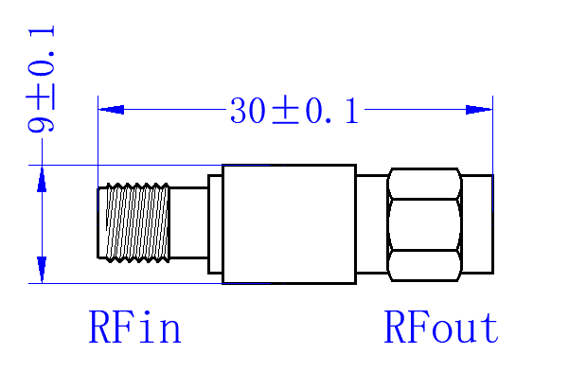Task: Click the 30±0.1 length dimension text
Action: pos(294,111)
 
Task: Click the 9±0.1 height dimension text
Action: pos(41,79)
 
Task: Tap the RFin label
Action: pos(134,327)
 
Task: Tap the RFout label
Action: pos(441,327)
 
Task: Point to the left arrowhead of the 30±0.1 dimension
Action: pos(112,109)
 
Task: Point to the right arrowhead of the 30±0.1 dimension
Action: pos(479,109)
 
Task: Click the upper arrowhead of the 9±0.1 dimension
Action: pos(42,180)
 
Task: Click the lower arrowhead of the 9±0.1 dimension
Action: pos(42,269)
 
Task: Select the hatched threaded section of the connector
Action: pos(137,222)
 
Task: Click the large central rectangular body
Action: pos(289,224)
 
